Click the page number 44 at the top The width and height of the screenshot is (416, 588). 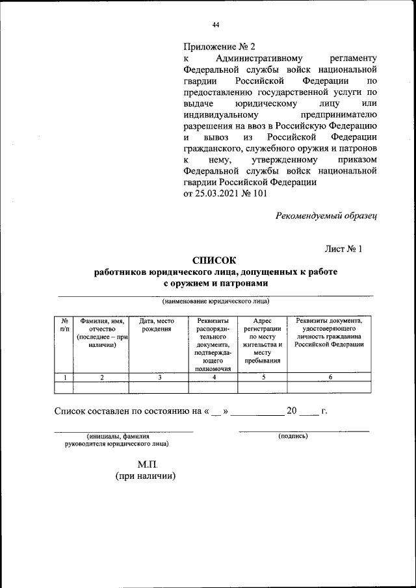tap(216, 25)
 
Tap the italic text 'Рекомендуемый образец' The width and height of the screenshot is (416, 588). tap(326, 215)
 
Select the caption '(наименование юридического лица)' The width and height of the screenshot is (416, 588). tap(215, 301)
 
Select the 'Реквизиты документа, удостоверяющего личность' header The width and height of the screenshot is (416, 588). tap(330, 333)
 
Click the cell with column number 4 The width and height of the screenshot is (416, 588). tap(213, 377)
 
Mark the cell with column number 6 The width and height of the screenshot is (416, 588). tap(330, 377)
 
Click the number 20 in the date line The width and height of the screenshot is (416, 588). tap(292, 410)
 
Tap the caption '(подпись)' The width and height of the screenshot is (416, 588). tap(292, 437)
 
